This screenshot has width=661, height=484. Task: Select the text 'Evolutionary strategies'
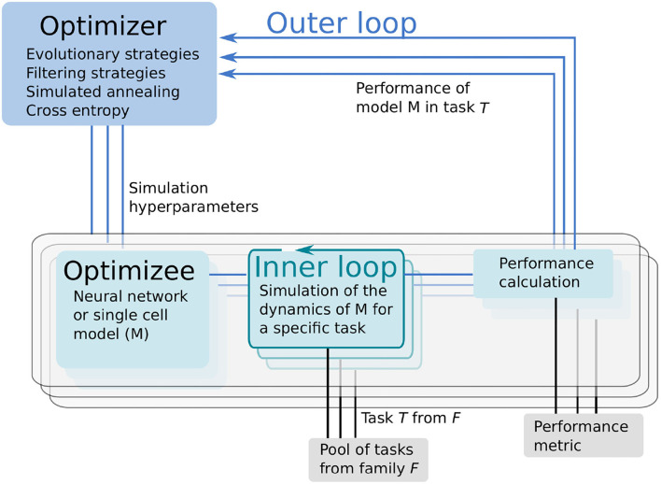[112, 54]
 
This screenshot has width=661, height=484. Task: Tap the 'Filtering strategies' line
[96, 73]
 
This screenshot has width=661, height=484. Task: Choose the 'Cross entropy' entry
[77, 110]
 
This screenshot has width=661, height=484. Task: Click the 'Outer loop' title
[342, 22]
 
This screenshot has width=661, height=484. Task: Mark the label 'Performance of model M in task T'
[422, 97]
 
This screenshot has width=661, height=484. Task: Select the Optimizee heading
[129, 271]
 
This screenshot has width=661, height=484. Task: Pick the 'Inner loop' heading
[326, 267]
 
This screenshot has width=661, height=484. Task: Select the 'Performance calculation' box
[545, 272]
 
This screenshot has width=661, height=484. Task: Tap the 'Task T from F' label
[410, 418]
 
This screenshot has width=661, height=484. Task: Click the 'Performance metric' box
[583, 435]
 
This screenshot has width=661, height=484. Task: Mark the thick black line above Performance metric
[557, 355]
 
